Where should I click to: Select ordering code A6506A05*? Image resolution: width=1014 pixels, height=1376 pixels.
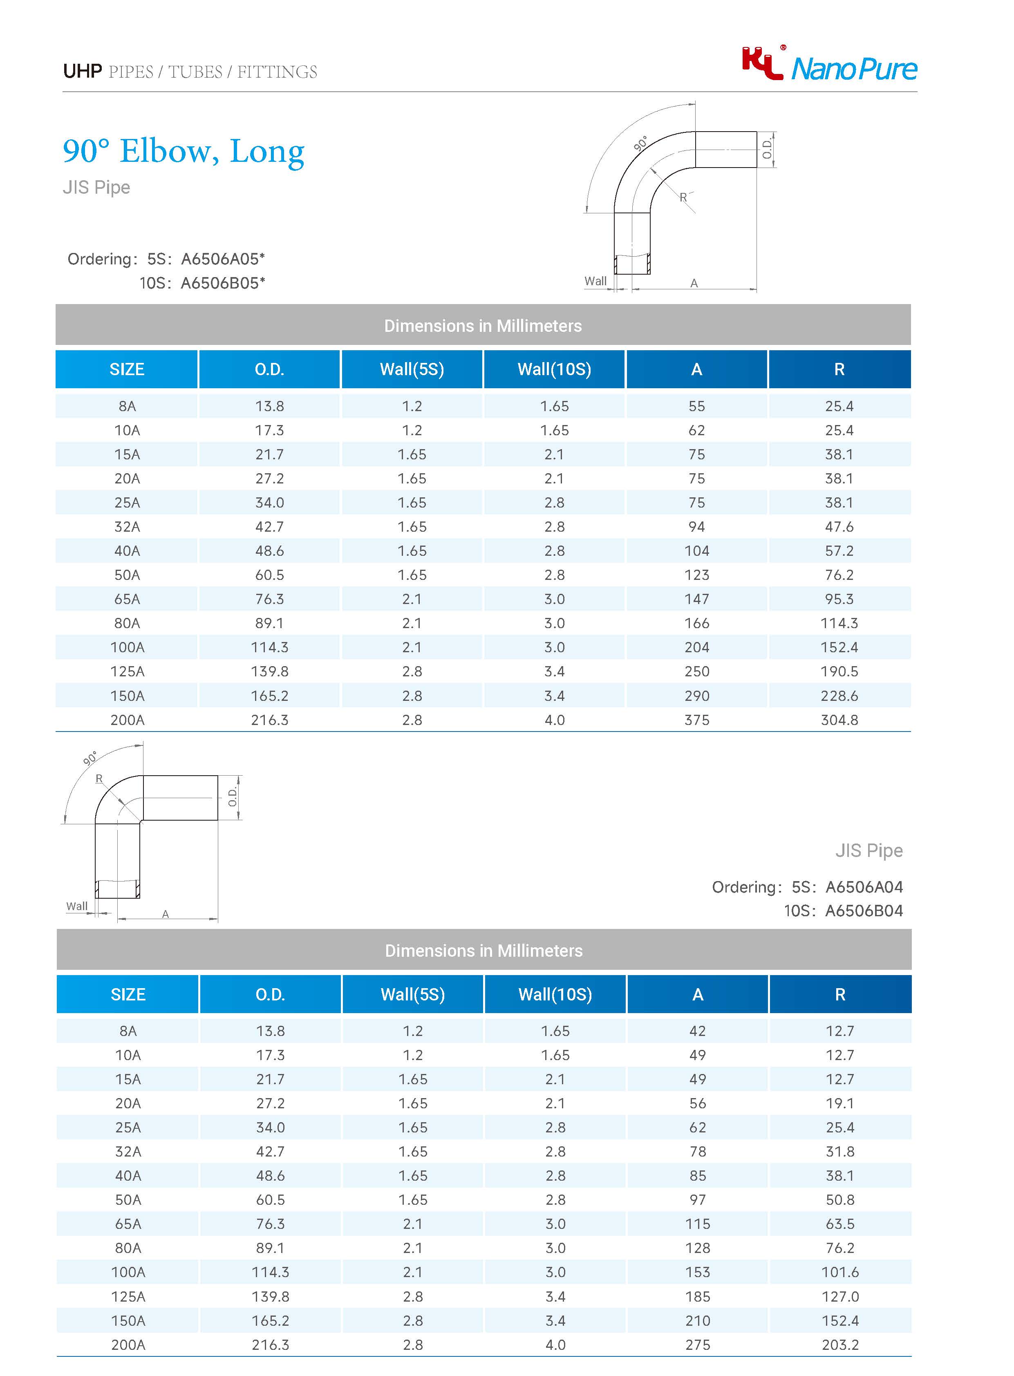(x=223, y=259)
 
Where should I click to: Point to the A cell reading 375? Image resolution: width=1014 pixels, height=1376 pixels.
(x=697, y=720)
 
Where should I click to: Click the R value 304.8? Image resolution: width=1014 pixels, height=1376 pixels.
(x=839, y=720)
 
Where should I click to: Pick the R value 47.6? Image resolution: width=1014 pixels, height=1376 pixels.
(x=839, y=527)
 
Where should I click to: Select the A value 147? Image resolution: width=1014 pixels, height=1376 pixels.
(x=697, y=599)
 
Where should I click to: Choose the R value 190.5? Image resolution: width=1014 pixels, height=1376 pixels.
(x=839, y=671)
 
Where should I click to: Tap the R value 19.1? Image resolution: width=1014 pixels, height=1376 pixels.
(x=839, y=1103)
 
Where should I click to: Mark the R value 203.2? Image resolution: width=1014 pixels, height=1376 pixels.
(x=839, y=1345)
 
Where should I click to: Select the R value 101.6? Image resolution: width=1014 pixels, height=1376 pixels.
(x=839, y=1272)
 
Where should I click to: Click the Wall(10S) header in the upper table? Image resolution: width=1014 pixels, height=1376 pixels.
(x=554, y=369)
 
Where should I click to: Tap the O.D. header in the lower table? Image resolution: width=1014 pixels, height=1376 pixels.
(x=270, y=994)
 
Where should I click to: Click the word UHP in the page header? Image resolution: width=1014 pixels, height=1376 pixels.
(x=82, y=72)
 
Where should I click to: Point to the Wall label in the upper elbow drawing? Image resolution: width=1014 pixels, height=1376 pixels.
(x=595, y=281)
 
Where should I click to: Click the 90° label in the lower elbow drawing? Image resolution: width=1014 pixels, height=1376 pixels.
(x=90, y=758)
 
